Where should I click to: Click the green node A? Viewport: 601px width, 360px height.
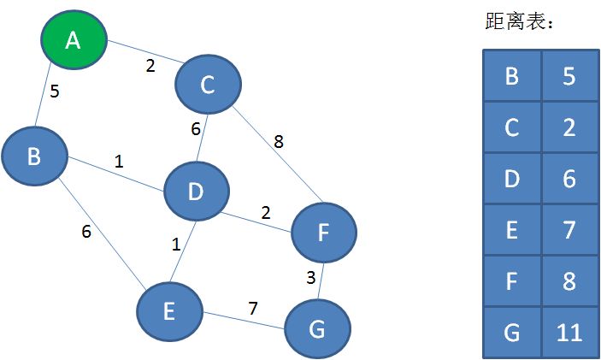click(74, 39)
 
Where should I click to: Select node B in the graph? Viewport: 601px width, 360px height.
click(34, 156)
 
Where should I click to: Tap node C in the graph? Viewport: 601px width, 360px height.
click(208, 84)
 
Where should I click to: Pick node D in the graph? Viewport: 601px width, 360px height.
click(196, 192)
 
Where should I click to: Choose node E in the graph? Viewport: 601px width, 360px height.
click(170, 310)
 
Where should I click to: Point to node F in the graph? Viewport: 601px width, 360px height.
click(323, 231)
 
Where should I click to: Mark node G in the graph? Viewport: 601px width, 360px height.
click(317, 329)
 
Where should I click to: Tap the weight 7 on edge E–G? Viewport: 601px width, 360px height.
click(254, 307)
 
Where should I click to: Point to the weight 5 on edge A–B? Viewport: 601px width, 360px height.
click(54, 91)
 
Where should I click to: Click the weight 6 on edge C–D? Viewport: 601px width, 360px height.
click(195, 128)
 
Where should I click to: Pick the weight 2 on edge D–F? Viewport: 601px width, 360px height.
click(265, 212)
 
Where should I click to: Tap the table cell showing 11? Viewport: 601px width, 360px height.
click(569, 331)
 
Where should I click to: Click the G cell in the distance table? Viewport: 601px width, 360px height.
click(512, 331)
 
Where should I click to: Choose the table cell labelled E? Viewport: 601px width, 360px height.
click(512, 229)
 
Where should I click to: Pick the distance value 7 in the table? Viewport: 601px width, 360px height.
click(569, 229)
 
